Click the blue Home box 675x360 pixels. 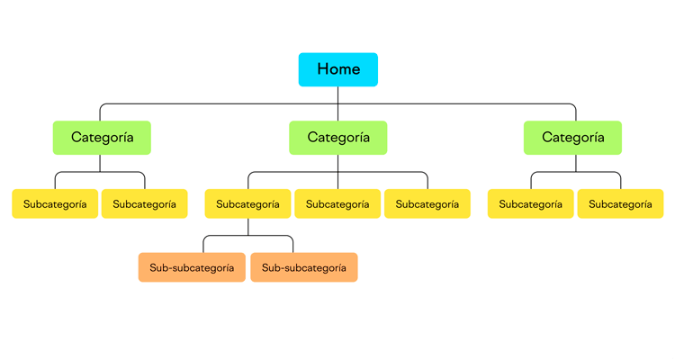coord(338,69)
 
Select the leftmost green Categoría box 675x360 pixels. coord(102,138)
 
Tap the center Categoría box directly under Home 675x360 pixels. coord(338,138)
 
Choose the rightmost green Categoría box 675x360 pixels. coord(573,138)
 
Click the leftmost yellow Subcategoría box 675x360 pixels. coord(55,204)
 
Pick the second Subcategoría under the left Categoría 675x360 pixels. coord(145,204)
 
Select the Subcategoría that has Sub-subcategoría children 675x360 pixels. coord(247,204)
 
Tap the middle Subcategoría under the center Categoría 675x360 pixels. coord(337,204)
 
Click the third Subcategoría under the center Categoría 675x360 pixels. coord(427,204)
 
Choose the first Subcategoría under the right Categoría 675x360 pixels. coord(531,204)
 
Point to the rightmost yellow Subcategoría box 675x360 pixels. coord(620,204)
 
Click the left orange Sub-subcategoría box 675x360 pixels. coord(192,267)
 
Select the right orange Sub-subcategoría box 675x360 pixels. coord(304,267)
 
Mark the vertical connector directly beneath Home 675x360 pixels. coord(338,95)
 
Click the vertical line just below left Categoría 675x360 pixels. coord(100,163)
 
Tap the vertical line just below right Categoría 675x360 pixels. coord(576,163)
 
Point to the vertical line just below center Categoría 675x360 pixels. coord(338,163)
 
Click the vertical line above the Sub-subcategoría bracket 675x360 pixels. coord(248,227)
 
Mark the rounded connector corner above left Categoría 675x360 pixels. coord(102,106)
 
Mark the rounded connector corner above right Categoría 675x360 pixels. coord(573,106)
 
